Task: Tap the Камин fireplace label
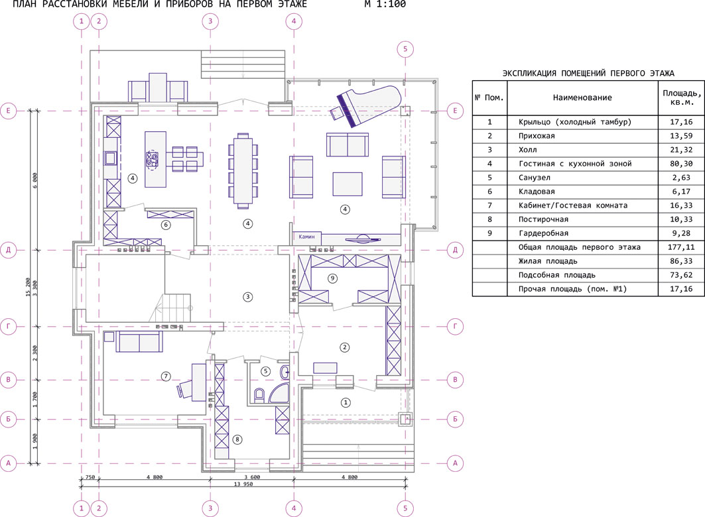pos(306,236)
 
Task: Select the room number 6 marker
pos(166,225)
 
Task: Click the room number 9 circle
pos(333,278)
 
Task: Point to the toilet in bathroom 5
pos(259,395)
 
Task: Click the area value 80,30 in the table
pos(681,164)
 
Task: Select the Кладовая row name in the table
pos(537,192)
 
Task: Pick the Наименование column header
pos(582,97)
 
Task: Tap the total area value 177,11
pos(681,247)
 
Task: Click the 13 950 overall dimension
pos(243,484)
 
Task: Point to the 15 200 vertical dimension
pos(29,288)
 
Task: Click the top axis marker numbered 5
pos(405,49)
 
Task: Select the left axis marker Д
pos(8,250)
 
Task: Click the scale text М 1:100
pos(385,4)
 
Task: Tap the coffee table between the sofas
pos(347,184)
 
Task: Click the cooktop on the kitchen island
pos(152,160)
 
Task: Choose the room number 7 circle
pos(166,376)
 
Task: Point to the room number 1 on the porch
pos(346,402)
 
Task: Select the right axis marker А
pos(455,463)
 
